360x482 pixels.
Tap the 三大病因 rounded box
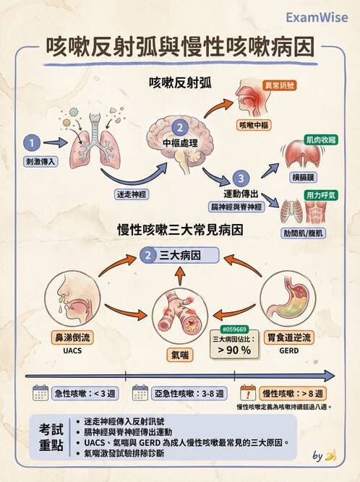pyautogui.click(x=180, y=255)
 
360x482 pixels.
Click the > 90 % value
pyautogui.click(x=233, y=350)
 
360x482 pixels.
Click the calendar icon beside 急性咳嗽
pyautogui.click(x=41, y=394)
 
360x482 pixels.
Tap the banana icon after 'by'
pyautogui.click(x=331, y=456)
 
